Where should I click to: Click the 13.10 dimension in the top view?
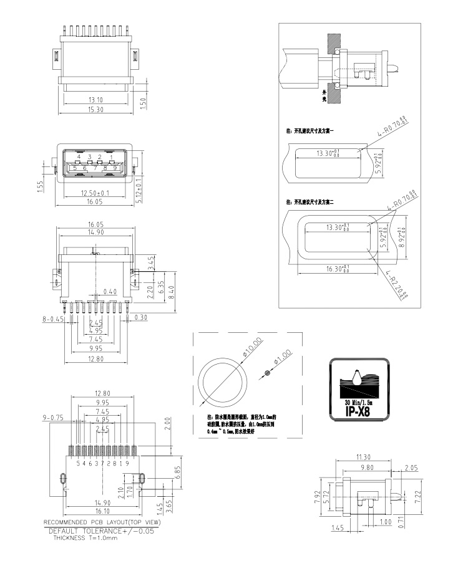95,100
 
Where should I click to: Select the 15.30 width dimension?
95,110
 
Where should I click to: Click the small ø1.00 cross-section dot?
268,373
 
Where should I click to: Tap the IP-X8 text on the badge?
358,411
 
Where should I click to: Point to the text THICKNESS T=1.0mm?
85,537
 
